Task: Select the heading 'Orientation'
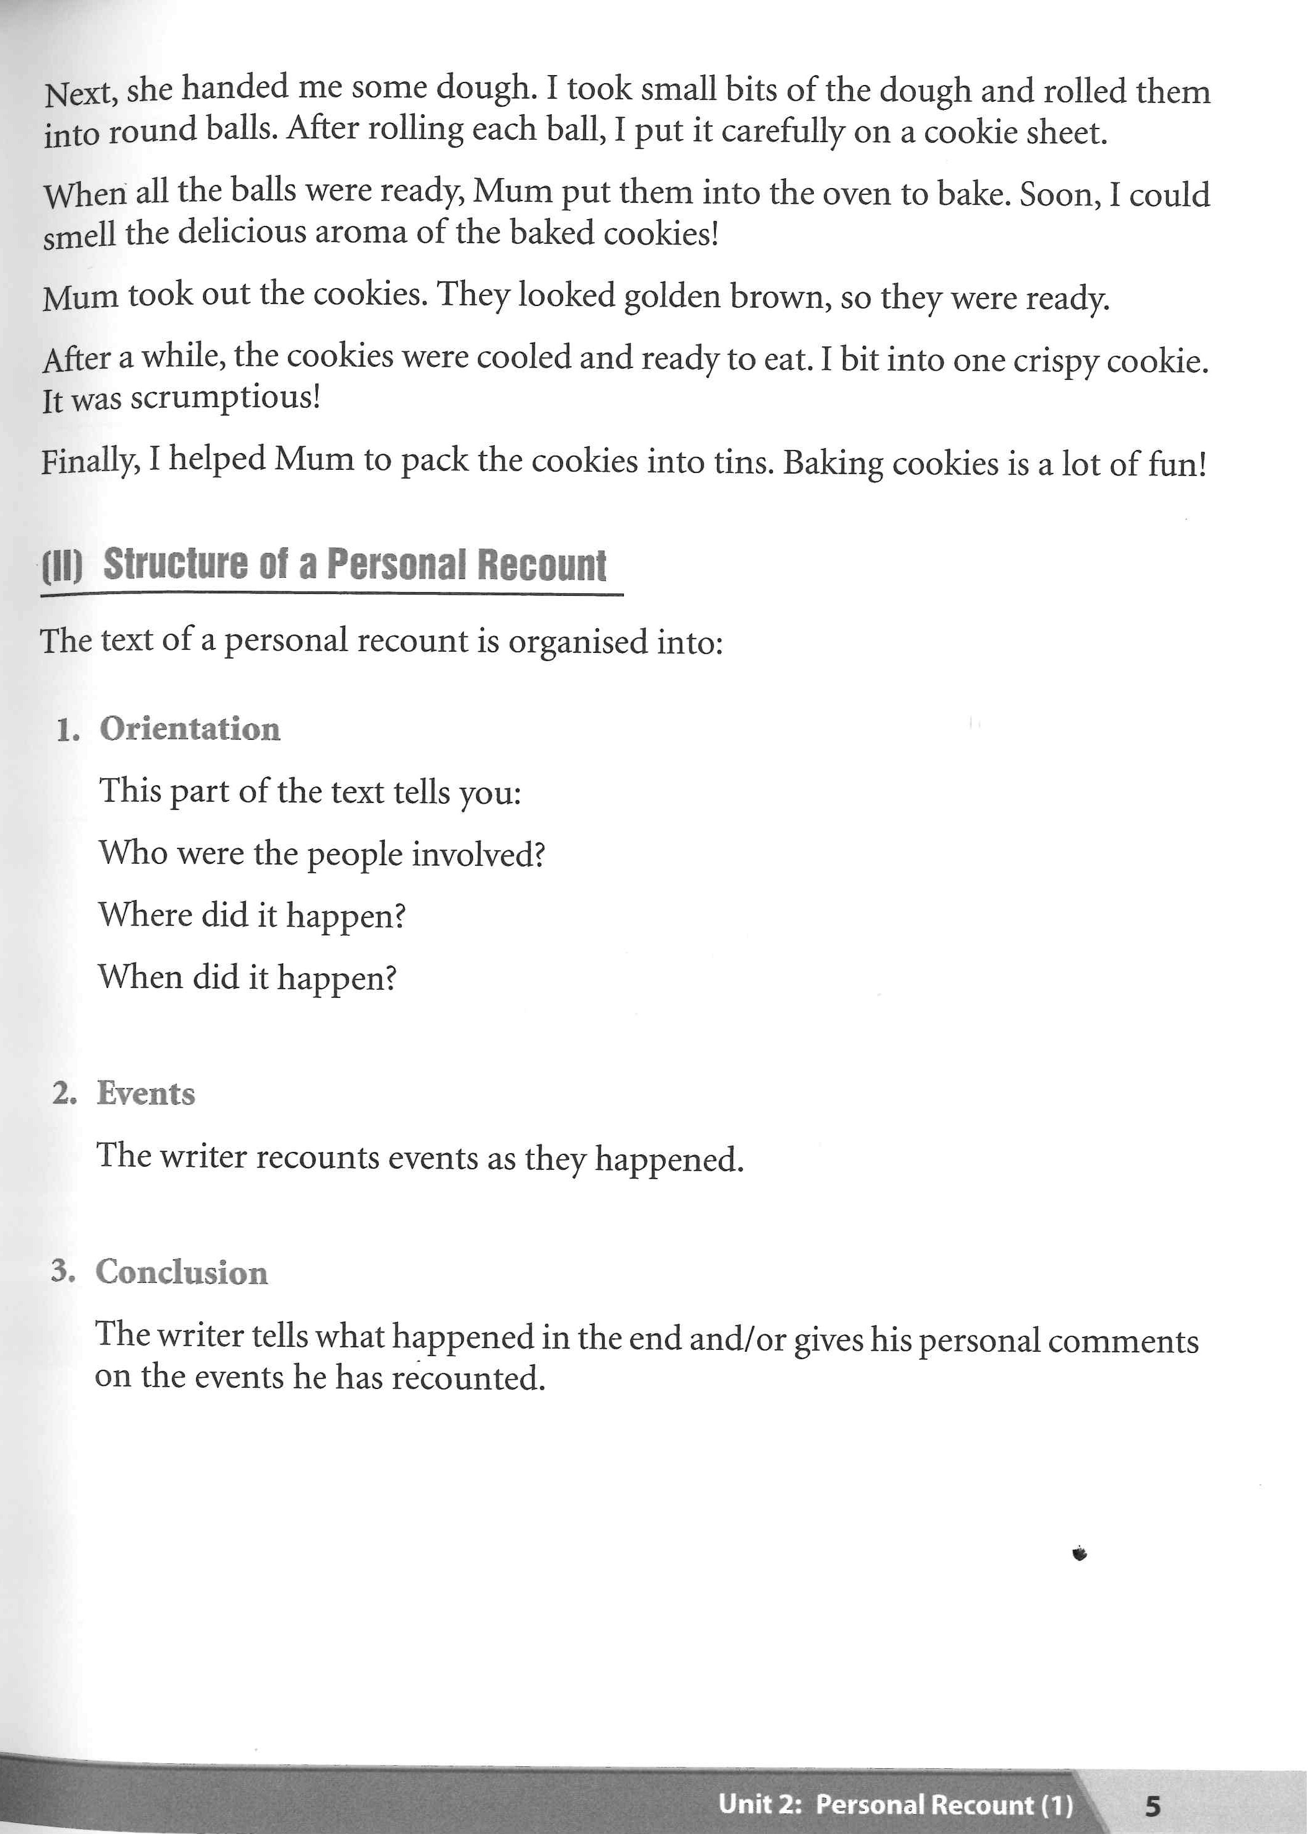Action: coord(189,729)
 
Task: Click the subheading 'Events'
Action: coord(146,1094)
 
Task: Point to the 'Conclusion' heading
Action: coord(181,1272)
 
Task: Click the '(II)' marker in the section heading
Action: coord(62,567)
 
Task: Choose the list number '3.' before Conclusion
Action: coord(63,1271)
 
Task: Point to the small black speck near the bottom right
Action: coord(1080,1553)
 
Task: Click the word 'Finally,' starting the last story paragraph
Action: coord(89,461)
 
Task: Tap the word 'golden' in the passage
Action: coord(672,296)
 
